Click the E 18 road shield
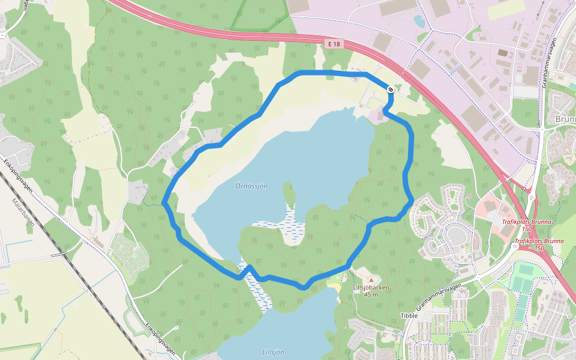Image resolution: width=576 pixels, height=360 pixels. pyautogui.click(x=334, y=44)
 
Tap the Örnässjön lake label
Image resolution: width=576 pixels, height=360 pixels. pyautogui.click(x=251, y=186)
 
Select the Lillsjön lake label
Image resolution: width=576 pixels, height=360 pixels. pyautogui.click(x=273, y=352)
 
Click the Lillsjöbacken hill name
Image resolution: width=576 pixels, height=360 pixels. pyautogui.click(x=371, y=287)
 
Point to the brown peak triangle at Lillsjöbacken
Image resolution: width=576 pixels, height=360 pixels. pyautogui.click(x=371, y=280)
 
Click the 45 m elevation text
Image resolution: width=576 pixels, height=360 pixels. pyautogui.click(x=371, y=295)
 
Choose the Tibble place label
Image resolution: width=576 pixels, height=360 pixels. pyautogui.click(x=409, y=316)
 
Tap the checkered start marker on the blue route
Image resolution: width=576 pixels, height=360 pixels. pyautogui.click(x=391, y=89)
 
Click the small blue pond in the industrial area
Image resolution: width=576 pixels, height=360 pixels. pyautogui.click(x=419, y=22)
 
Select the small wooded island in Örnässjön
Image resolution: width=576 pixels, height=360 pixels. pyautogui.click(x=289, y=193)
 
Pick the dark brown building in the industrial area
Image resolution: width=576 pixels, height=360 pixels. pyautogui.click(x=502, y=53)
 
